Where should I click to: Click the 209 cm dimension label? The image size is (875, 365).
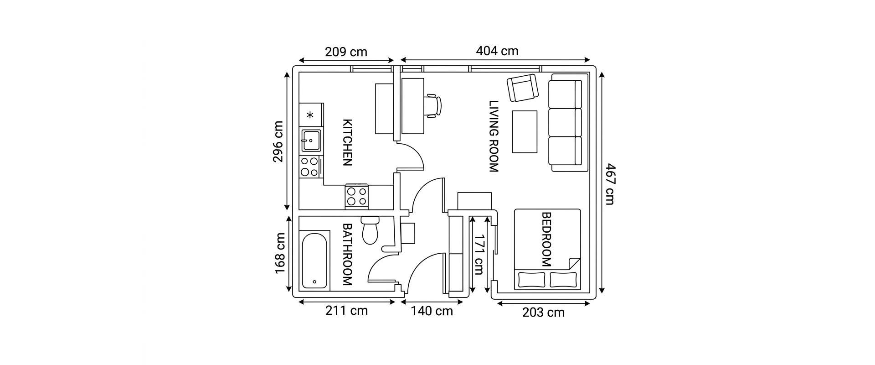click(x=346, y=52)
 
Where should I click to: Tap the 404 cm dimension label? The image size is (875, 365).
click(x=497, y=51)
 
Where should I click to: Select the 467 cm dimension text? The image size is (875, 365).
click(x=610, y=184)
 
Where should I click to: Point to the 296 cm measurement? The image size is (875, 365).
click(x=278, y=141)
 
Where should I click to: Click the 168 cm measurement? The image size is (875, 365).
click(x=280, y=254)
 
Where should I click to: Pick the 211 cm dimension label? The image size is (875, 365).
click(x=346, y=311)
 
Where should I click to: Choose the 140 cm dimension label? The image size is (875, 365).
click(x=432, y=311)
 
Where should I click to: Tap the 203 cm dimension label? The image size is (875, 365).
click(x=543, y=313)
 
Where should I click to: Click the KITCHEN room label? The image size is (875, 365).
click(x=347, y=142)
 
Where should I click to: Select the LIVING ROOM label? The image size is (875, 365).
click(x=494, y=136)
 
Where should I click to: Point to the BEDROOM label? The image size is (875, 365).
click(x=546, y=240)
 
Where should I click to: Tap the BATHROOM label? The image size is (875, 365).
click(x=347, y=255)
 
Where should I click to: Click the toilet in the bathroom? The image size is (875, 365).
click(x=370, y=230)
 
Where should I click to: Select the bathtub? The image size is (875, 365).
click(x=315, y=261)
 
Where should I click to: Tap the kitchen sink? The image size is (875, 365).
click(x=311, y=140)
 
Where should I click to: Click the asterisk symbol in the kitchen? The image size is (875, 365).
click(x=310, y=115)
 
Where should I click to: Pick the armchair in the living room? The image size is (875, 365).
click(x=523, y=88)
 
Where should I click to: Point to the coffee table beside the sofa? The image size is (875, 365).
click(x=525, y=131)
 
